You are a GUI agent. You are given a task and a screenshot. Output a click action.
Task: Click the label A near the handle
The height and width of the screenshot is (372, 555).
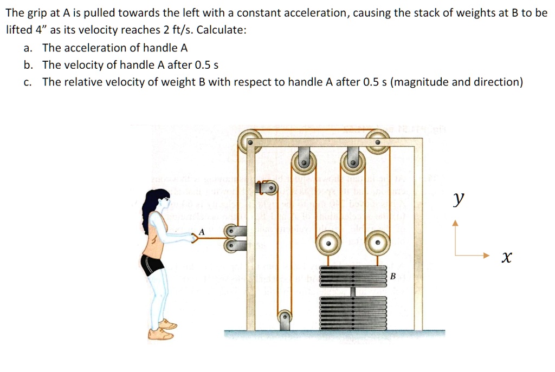coord(202,232)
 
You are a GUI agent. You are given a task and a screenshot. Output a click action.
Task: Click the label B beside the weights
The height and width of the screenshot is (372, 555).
coord(393,277)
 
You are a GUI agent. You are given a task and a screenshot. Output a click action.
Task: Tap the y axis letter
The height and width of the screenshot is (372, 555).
coord(459,199)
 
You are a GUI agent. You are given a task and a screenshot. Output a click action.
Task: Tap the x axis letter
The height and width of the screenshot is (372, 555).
coord(505,258)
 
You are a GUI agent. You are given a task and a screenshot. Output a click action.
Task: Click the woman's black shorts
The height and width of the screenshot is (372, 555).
coord(152,264)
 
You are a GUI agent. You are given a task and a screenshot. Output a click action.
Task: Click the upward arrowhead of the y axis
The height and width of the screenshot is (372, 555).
coord(456,223)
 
